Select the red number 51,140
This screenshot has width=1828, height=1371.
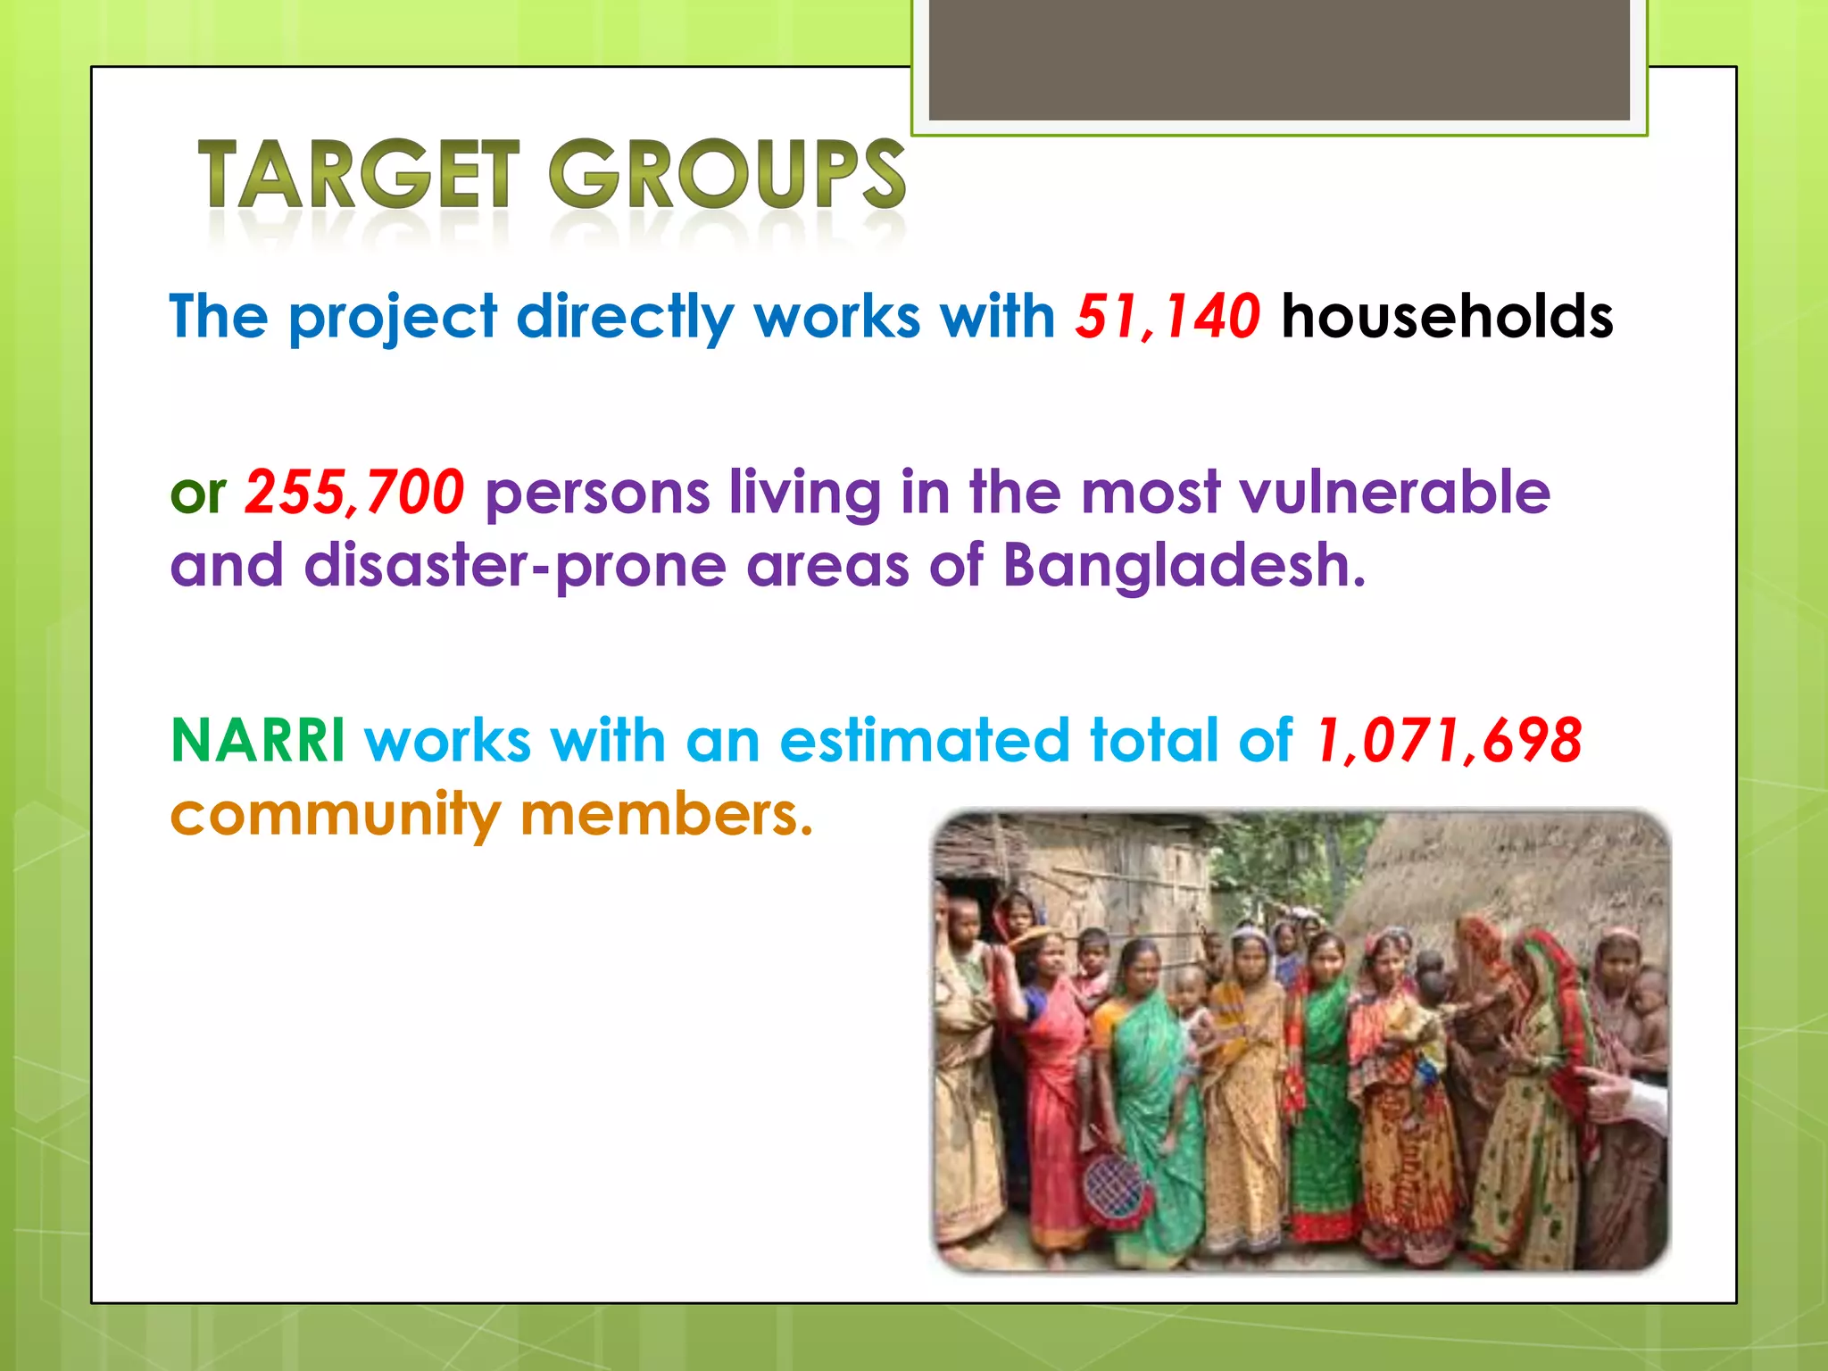(1167, 317)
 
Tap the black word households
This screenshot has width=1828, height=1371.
(1447, 317)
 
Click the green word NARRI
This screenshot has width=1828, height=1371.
(257, 741)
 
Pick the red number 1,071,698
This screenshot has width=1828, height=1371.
(1449, 741)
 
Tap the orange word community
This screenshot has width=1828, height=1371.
(336, 814)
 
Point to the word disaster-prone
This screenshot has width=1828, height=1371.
(515, 567)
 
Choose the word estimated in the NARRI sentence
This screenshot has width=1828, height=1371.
(924, 741)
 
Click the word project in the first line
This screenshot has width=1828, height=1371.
(392, 319)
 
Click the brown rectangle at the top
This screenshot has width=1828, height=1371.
(1279, 60)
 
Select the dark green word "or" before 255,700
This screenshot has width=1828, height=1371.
(198, 494)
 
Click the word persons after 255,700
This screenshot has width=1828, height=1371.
(596, 494)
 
